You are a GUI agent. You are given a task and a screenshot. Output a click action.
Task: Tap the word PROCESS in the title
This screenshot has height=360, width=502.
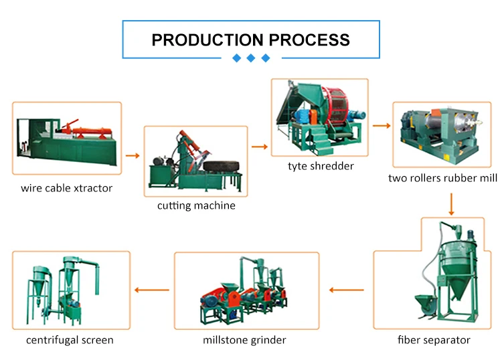309,40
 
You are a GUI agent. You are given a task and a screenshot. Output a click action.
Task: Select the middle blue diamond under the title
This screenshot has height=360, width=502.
251,58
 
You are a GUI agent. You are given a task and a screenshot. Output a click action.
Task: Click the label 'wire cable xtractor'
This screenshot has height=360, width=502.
66,188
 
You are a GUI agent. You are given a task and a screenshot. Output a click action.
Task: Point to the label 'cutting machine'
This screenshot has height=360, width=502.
196,205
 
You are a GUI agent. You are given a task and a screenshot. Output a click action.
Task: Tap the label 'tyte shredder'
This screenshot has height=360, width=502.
321,166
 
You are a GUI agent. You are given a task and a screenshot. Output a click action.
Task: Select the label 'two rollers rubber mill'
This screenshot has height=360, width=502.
443,178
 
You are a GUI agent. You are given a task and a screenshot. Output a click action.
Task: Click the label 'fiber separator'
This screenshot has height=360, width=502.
434,340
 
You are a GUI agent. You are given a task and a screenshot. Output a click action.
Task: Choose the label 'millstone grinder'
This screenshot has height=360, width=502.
244,340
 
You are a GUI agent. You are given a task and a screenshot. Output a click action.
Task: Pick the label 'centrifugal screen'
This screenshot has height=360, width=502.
70,340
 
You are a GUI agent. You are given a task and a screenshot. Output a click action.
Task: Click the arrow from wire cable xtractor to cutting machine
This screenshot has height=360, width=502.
133,156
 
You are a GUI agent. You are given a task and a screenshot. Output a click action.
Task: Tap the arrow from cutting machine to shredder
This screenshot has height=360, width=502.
259,147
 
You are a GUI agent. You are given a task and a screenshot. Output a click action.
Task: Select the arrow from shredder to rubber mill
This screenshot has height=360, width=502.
382,126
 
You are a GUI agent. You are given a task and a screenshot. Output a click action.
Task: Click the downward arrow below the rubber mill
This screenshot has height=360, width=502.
451,204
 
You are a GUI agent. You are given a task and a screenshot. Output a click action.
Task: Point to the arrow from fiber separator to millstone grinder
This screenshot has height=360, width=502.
347,290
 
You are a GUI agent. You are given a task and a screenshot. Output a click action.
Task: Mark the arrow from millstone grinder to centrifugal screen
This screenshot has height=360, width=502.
152,290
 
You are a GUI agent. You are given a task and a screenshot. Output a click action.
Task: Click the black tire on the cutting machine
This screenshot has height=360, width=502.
222,167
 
